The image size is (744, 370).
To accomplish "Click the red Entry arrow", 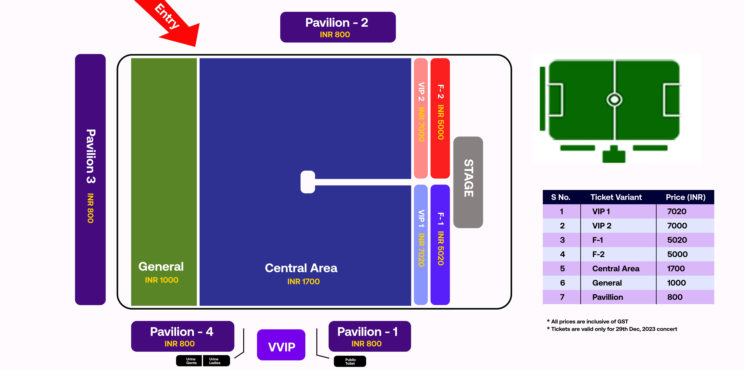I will point(173,23).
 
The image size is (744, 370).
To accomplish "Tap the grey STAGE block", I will point(468,182).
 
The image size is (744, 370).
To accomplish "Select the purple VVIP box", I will point(281,345).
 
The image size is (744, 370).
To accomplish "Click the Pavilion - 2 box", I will point(338,27).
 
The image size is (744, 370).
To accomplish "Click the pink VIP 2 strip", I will point(421,119).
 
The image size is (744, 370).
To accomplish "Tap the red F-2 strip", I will point(440,119).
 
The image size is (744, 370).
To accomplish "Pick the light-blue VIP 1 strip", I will point(421,244).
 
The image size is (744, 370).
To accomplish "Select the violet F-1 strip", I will point(440,244).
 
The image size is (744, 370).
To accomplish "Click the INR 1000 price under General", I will point(161,280).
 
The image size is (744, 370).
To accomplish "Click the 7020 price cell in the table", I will point(676,211).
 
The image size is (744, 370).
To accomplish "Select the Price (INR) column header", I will point(685,197).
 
